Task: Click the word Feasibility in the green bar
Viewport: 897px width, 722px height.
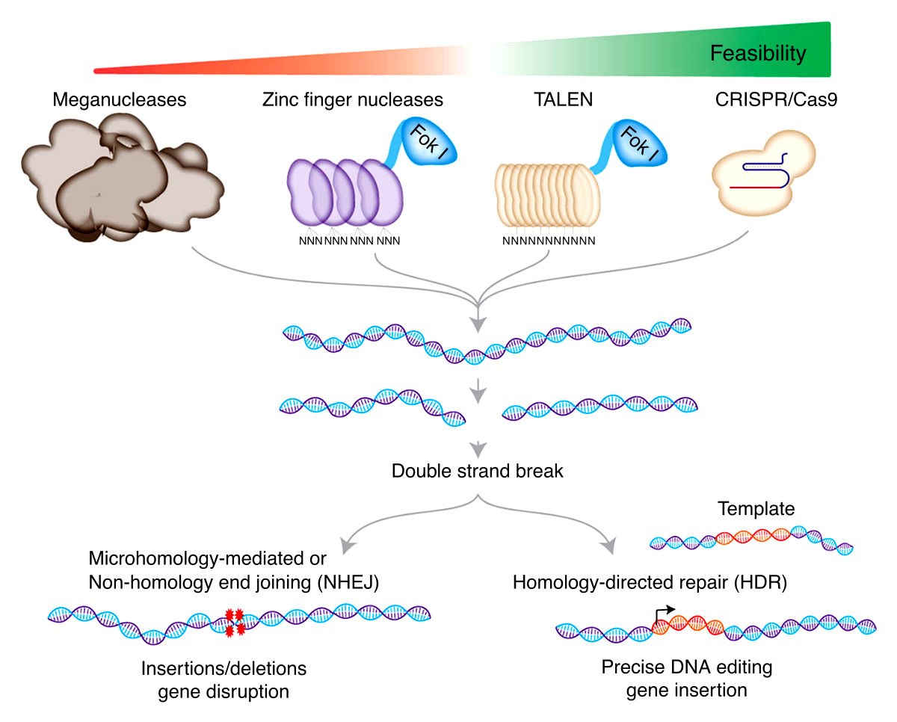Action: point(757,54)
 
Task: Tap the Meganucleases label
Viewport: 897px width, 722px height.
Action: point(119,99)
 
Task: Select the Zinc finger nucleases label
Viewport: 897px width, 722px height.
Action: point(353,99)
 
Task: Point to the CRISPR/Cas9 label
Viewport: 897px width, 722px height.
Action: point(776,99)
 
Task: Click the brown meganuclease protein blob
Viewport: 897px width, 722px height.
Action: point(120,179)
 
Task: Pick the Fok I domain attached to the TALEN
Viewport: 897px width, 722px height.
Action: point(639,144)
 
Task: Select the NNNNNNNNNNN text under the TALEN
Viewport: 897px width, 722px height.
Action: point(549,241)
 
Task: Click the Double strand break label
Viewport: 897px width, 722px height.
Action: point(477,471)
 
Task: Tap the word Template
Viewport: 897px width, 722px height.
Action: point(756,509)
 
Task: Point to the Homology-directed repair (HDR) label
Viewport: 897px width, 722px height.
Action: point(650,582)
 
